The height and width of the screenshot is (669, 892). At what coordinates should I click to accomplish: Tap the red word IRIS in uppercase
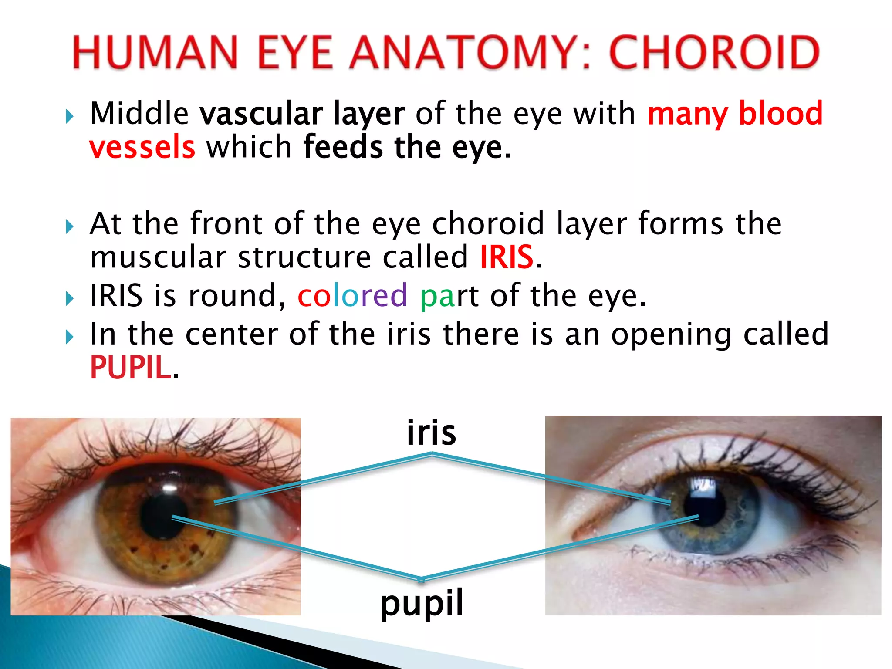[507, 257]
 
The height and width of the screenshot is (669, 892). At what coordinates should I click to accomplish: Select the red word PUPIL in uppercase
[130, 367]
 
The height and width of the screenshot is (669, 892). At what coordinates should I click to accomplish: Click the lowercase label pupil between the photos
[422, 603]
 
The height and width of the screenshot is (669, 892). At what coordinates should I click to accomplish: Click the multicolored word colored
[352, 296]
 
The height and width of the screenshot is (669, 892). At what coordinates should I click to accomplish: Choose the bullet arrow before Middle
[70, 116]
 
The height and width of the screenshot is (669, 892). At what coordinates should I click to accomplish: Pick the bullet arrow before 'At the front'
[70, 226]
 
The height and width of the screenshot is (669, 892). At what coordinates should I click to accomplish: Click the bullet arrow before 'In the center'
[70, 337]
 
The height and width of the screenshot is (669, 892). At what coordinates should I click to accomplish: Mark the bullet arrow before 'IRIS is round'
[70, 299]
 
